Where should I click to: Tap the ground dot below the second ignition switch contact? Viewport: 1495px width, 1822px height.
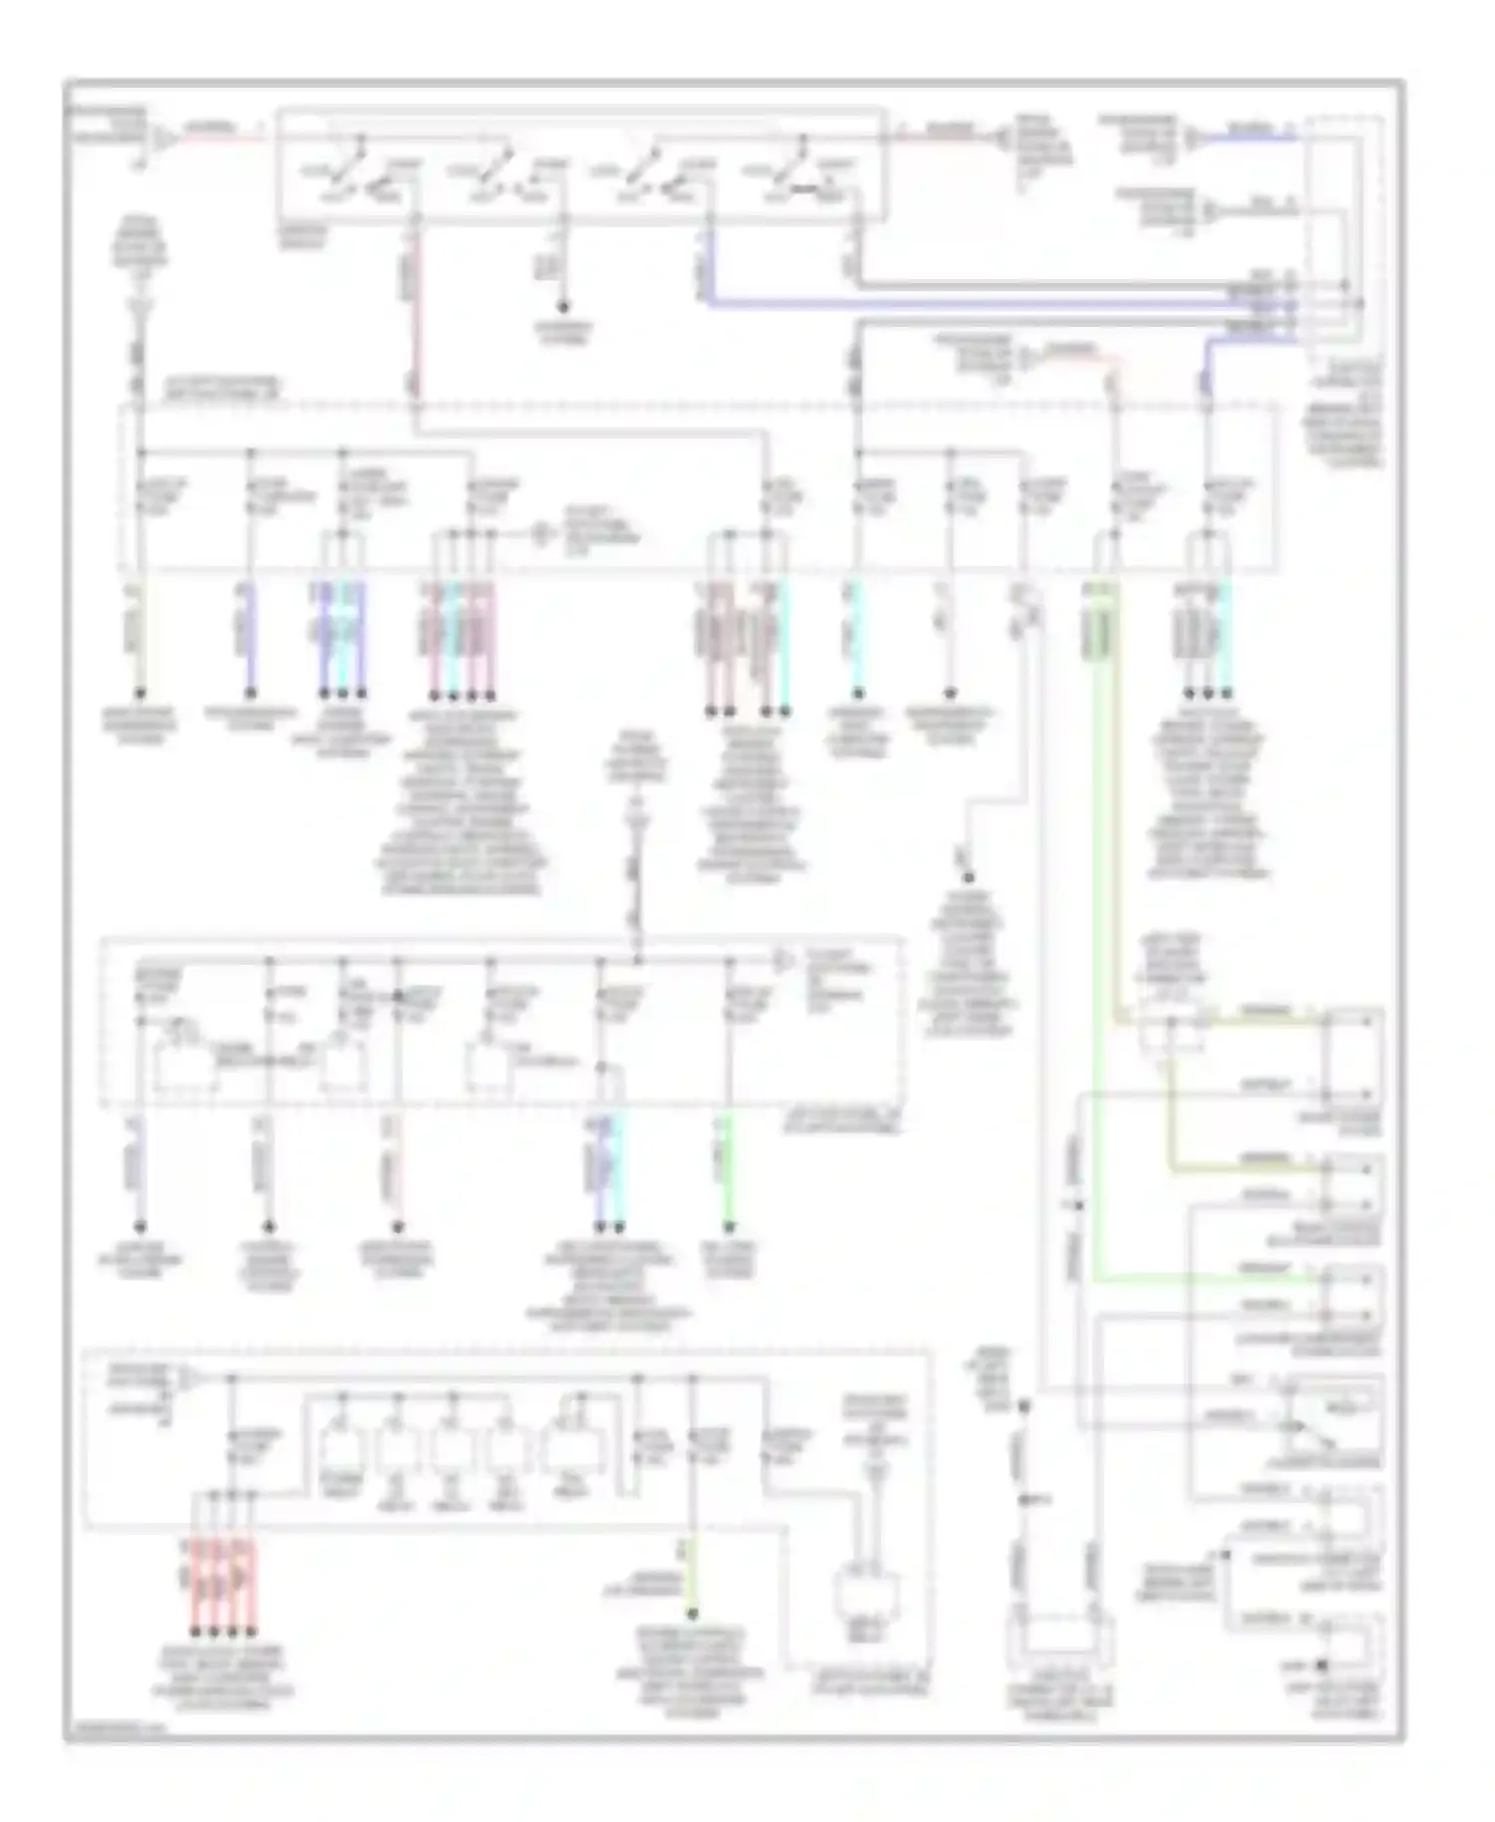[x=563, y=306]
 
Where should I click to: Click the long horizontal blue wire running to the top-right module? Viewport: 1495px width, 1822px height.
[x=997, y=303]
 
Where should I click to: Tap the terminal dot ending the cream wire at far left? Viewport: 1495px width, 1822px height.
[x=141, y=693]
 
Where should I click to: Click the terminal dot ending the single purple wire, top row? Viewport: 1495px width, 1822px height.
[x=250, y=693]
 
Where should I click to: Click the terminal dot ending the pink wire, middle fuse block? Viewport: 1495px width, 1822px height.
[x=397, y=1226]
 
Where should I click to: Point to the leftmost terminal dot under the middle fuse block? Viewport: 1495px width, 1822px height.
[x=141, y=1226]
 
